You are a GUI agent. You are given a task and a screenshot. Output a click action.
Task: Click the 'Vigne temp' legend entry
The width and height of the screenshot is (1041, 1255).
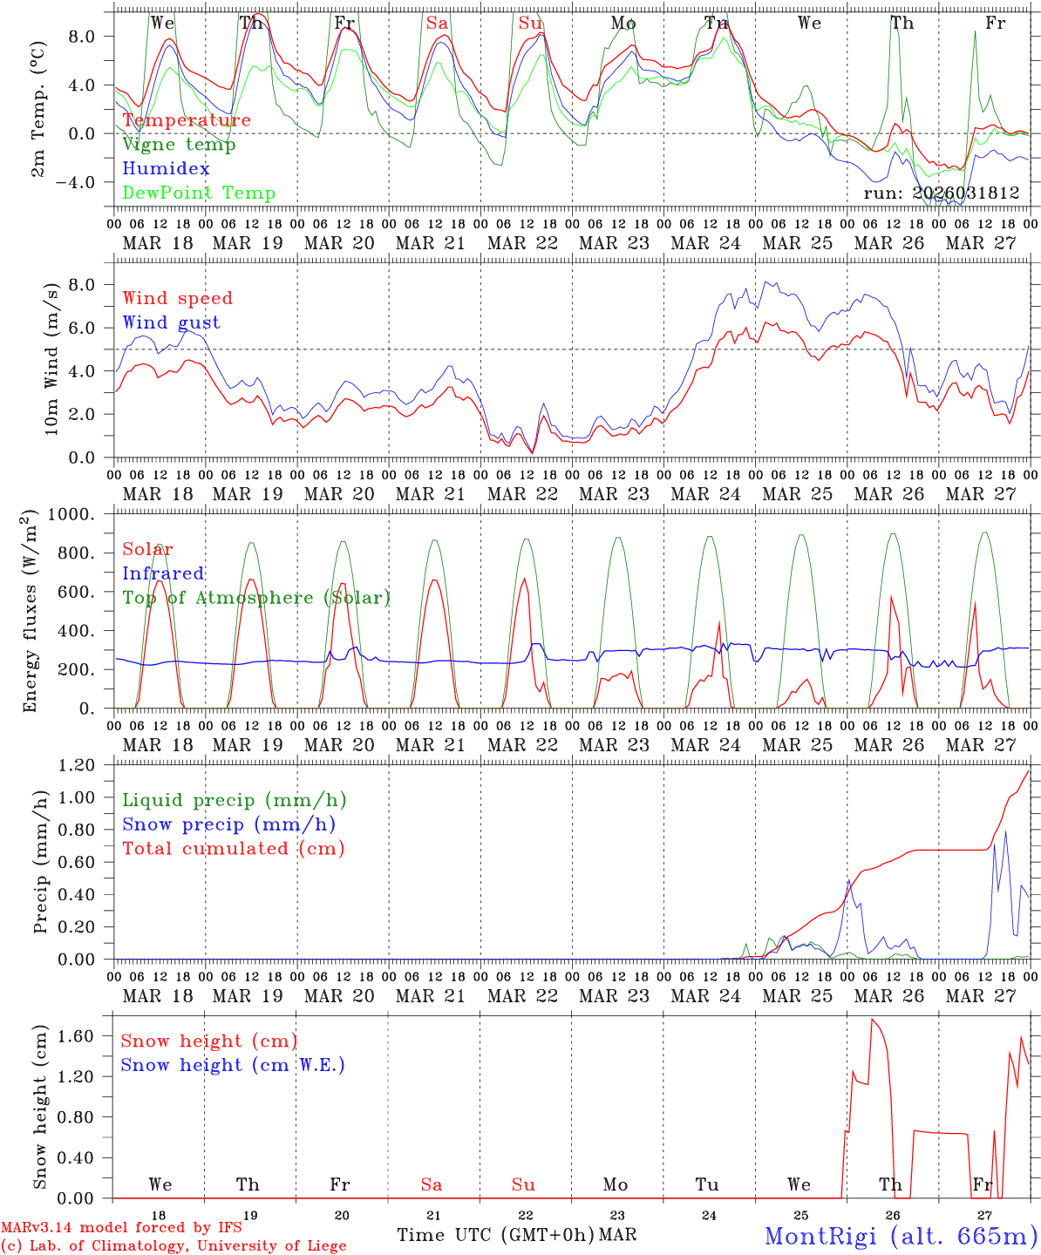coord(179,145)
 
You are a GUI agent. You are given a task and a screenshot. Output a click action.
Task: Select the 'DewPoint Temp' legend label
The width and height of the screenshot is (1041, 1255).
coord(199,193)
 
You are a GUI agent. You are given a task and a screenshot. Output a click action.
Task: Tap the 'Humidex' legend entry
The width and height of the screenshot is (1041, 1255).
coord(166,169)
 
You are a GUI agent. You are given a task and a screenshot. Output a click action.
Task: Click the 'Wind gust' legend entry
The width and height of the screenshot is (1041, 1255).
coord(171,322)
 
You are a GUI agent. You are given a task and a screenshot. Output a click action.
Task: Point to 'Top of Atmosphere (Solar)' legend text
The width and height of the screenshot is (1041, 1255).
coord(255,598)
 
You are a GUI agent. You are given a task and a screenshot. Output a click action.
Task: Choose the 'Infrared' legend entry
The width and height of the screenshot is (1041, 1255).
coord(163,573)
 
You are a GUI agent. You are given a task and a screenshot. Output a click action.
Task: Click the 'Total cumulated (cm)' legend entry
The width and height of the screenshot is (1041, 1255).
coord(233,849)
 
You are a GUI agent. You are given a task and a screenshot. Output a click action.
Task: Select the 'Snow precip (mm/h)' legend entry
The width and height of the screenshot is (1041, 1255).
coord(228,824)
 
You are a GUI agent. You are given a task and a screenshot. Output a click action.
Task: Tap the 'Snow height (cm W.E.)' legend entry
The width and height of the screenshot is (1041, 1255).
coord(232,1065)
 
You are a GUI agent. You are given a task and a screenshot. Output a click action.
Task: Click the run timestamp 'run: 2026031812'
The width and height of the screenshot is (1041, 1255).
coord(941,193)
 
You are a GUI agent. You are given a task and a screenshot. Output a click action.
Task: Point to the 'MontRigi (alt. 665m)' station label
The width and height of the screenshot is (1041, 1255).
coord(901,1236)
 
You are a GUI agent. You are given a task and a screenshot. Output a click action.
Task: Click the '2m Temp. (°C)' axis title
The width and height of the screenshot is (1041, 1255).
coord(40,124)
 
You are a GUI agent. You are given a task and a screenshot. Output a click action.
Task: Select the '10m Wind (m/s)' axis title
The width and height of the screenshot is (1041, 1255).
coord(52,358)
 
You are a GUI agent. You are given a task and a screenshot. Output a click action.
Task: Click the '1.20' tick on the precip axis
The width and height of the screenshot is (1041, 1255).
coord(76,765)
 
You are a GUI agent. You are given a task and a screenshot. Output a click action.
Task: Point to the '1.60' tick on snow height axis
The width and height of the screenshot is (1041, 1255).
coord(76,1036)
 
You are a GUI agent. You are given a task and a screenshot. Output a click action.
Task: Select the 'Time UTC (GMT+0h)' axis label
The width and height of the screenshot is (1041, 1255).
coord(495,1235)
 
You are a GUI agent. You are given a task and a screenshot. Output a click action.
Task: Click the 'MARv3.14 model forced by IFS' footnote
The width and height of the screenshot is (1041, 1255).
coord(121,1227)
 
